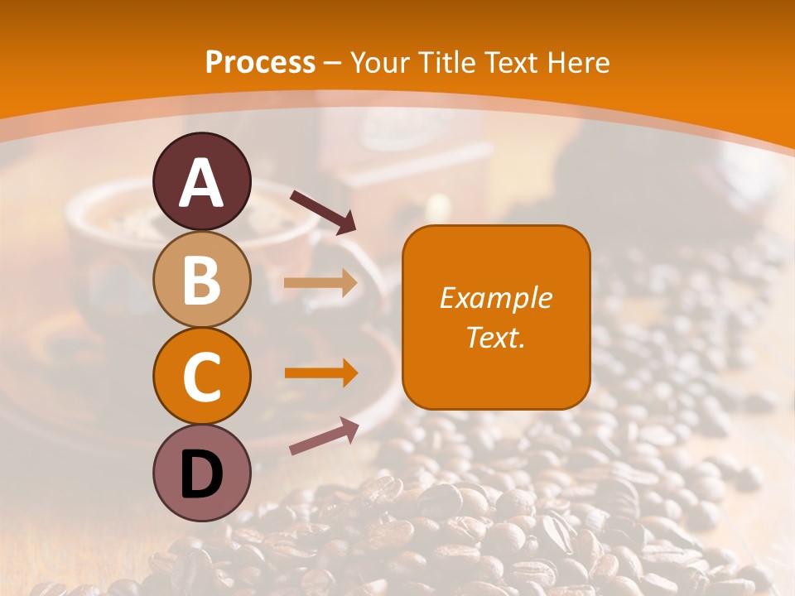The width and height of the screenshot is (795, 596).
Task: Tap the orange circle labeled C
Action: (202, 376)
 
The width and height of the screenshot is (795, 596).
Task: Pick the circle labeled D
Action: (202, 473)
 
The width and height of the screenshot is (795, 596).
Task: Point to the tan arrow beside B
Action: (320, 283)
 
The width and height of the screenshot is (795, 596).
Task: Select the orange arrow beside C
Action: (320, 372)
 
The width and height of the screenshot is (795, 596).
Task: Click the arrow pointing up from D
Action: (323, 435)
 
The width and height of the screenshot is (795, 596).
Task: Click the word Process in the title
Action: (260, 62)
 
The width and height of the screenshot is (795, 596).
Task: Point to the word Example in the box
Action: (495, 298)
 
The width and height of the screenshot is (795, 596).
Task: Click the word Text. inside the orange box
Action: (495, 338)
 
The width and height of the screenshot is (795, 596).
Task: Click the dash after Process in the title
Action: (333, 64)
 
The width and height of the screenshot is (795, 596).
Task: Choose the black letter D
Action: (202, 474)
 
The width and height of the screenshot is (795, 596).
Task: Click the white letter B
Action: (202, 280)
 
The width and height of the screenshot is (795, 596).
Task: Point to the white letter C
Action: (202, 377)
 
